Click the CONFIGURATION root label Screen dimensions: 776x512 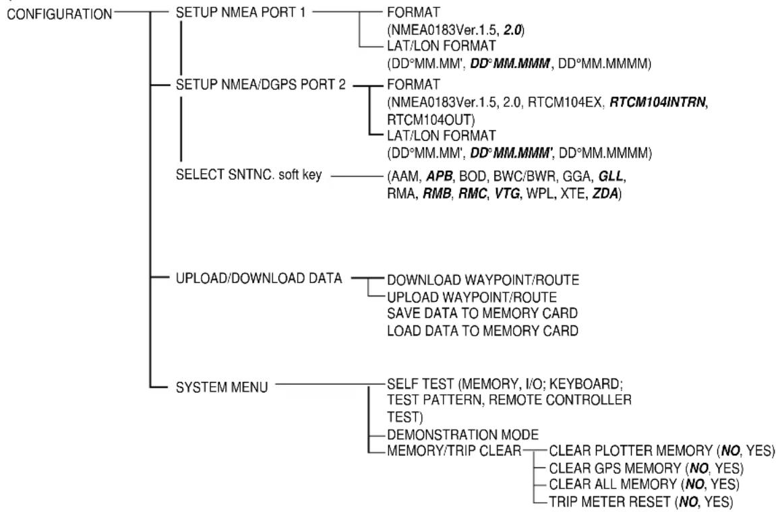59,14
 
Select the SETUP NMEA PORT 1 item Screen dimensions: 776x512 241,12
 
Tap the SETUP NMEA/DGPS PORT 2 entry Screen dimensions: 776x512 261,85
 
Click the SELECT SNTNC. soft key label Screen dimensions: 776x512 248,174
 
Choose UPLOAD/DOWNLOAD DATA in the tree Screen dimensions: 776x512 259,278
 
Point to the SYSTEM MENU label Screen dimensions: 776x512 222,387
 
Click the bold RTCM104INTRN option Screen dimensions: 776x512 658,102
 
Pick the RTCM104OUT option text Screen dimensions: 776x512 430,120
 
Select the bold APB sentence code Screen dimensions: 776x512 440,177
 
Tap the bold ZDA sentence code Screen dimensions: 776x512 605,193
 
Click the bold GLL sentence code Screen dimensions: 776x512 611,177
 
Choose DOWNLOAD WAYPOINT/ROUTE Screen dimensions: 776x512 483,280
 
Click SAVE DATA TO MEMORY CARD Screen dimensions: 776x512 482,313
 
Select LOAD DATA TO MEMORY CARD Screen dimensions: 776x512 483,331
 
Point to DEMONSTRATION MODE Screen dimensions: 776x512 462,435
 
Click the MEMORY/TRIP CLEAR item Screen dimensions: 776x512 454,451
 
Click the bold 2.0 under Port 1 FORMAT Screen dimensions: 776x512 512,30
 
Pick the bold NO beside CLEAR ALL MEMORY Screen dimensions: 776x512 695,484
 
